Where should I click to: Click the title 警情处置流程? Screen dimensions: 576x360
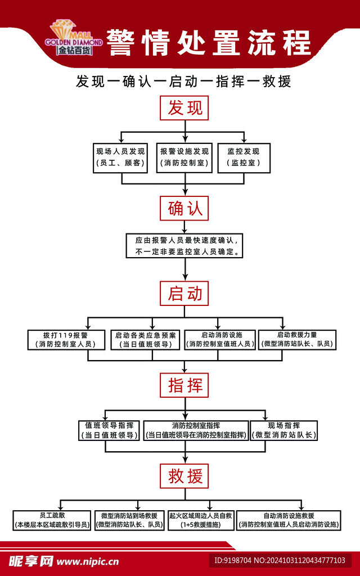[208, 43]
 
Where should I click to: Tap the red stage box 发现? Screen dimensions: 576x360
[184, 107]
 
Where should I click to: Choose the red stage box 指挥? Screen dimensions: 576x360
[184, 386]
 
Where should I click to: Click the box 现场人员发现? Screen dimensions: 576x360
[120, 158]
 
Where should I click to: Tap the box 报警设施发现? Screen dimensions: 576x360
[184, 158]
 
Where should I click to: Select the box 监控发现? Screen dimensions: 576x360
[244, 158]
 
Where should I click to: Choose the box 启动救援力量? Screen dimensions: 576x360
[297, 340]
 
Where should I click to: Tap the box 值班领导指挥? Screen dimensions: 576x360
[109, 430]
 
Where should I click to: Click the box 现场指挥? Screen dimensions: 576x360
[284, 430]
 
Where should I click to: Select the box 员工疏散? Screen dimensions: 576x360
[51, 520]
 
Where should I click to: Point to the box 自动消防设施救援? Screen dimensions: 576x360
[289, 520]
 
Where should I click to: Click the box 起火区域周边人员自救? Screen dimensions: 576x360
[200, 520]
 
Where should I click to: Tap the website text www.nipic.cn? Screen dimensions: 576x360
[88, 561]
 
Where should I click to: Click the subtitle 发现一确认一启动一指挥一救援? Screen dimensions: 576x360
[184, 82]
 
